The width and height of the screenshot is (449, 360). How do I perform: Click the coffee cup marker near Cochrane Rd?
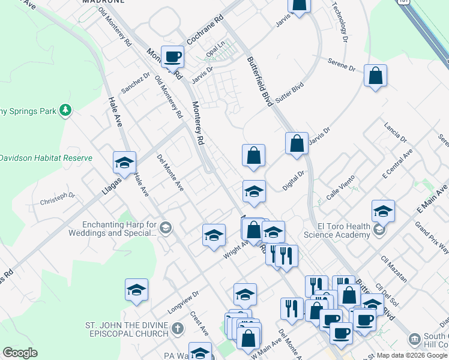(x=172, y=56)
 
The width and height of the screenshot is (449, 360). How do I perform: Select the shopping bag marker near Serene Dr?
(x=375, y=76)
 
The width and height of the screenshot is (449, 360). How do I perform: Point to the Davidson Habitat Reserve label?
(x=46, y=158)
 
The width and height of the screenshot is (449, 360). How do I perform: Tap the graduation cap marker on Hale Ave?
(x=124, y=163)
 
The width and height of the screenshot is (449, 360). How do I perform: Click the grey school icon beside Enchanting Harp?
(x=166, y=227)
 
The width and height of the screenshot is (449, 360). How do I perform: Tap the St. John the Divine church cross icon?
(x=176, y=329)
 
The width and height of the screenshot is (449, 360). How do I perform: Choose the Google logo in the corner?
(x=20, y=353)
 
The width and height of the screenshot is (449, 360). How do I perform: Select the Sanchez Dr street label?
(x=135, y=83)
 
